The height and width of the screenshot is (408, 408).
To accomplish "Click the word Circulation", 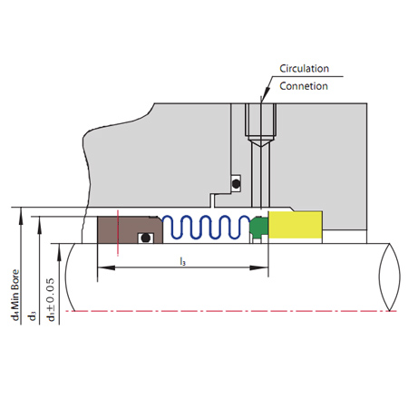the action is (x=304, y=69).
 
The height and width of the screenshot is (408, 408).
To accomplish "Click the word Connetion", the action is (x=304, y=86).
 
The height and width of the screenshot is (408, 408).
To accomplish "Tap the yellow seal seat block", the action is (x=295, y=225).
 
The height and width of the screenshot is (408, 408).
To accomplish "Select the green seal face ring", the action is (x=259, y=226).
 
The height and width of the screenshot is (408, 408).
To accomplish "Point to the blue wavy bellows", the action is (x=207, y=227).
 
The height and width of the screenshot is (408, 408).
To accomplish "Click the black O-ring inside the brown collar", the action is (x=146, y=238).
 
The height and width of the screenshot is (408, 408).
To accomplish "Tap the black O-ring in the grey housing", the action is (x=236, y=183).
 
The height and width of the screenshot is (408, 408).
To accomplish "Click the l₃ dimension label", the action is (x=182, y=261).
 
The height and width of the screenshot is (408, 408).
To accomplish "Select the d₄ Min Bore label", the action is (x=15, y=295).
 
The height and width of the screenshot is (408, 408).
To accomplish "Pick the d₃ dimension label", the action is (x=32, y=316).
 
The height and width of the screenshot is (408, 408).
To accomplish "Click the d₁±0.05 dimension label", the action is (x=51, y=299).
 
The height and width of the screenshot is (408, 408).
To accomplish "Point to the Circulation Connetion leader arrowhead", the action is (x=265, y=94).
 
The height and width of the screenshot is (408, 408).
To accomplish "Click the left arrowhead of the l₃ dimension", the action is (x=106, y=267).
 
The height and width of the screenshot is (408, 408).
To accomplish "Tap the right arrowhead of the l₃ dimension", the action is (x=259, y=267).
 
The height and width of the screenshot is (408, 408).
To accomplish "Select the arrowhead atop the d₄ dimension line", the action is (x=21, y=216).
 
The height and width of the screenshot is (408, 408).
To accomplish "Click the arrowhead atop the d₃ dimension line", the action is (x=39, y=225).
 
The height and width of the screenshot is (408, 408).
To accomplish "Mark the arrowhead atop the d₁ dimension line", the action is (x=59, y=252).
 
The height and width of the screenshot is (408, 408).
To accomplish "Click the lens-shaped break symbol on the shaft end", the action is (x=390, y=277).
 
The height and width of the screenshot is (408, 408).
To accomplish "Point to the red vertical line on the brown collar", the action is (x=118, y=233).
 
